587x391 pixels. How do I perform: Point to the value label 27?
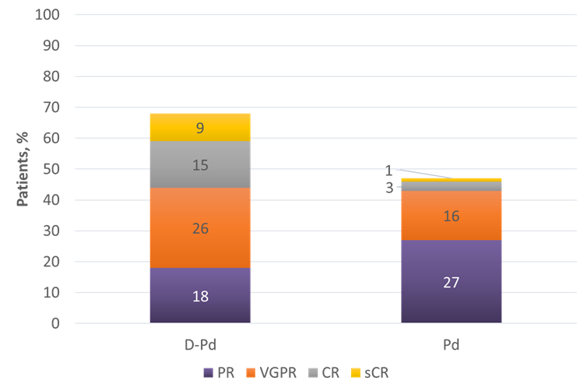(451, 283)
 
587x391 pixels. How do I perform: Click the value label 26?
(199, 229)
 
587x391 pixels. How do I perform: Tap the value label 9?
(199, 127)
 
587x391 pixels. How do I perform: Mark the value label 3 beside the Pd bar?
(388, 188)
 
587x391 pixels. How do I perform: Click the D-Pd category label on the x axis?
(199, 343)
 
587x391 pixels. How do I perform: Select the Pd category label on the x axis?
(451, 343)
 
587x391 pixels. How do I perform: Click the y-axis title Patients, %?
(23, 167)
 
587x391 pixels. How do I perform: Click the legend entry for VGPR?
(276, 372)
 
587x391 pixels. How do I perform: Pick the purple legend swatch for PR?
(207, 373)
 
